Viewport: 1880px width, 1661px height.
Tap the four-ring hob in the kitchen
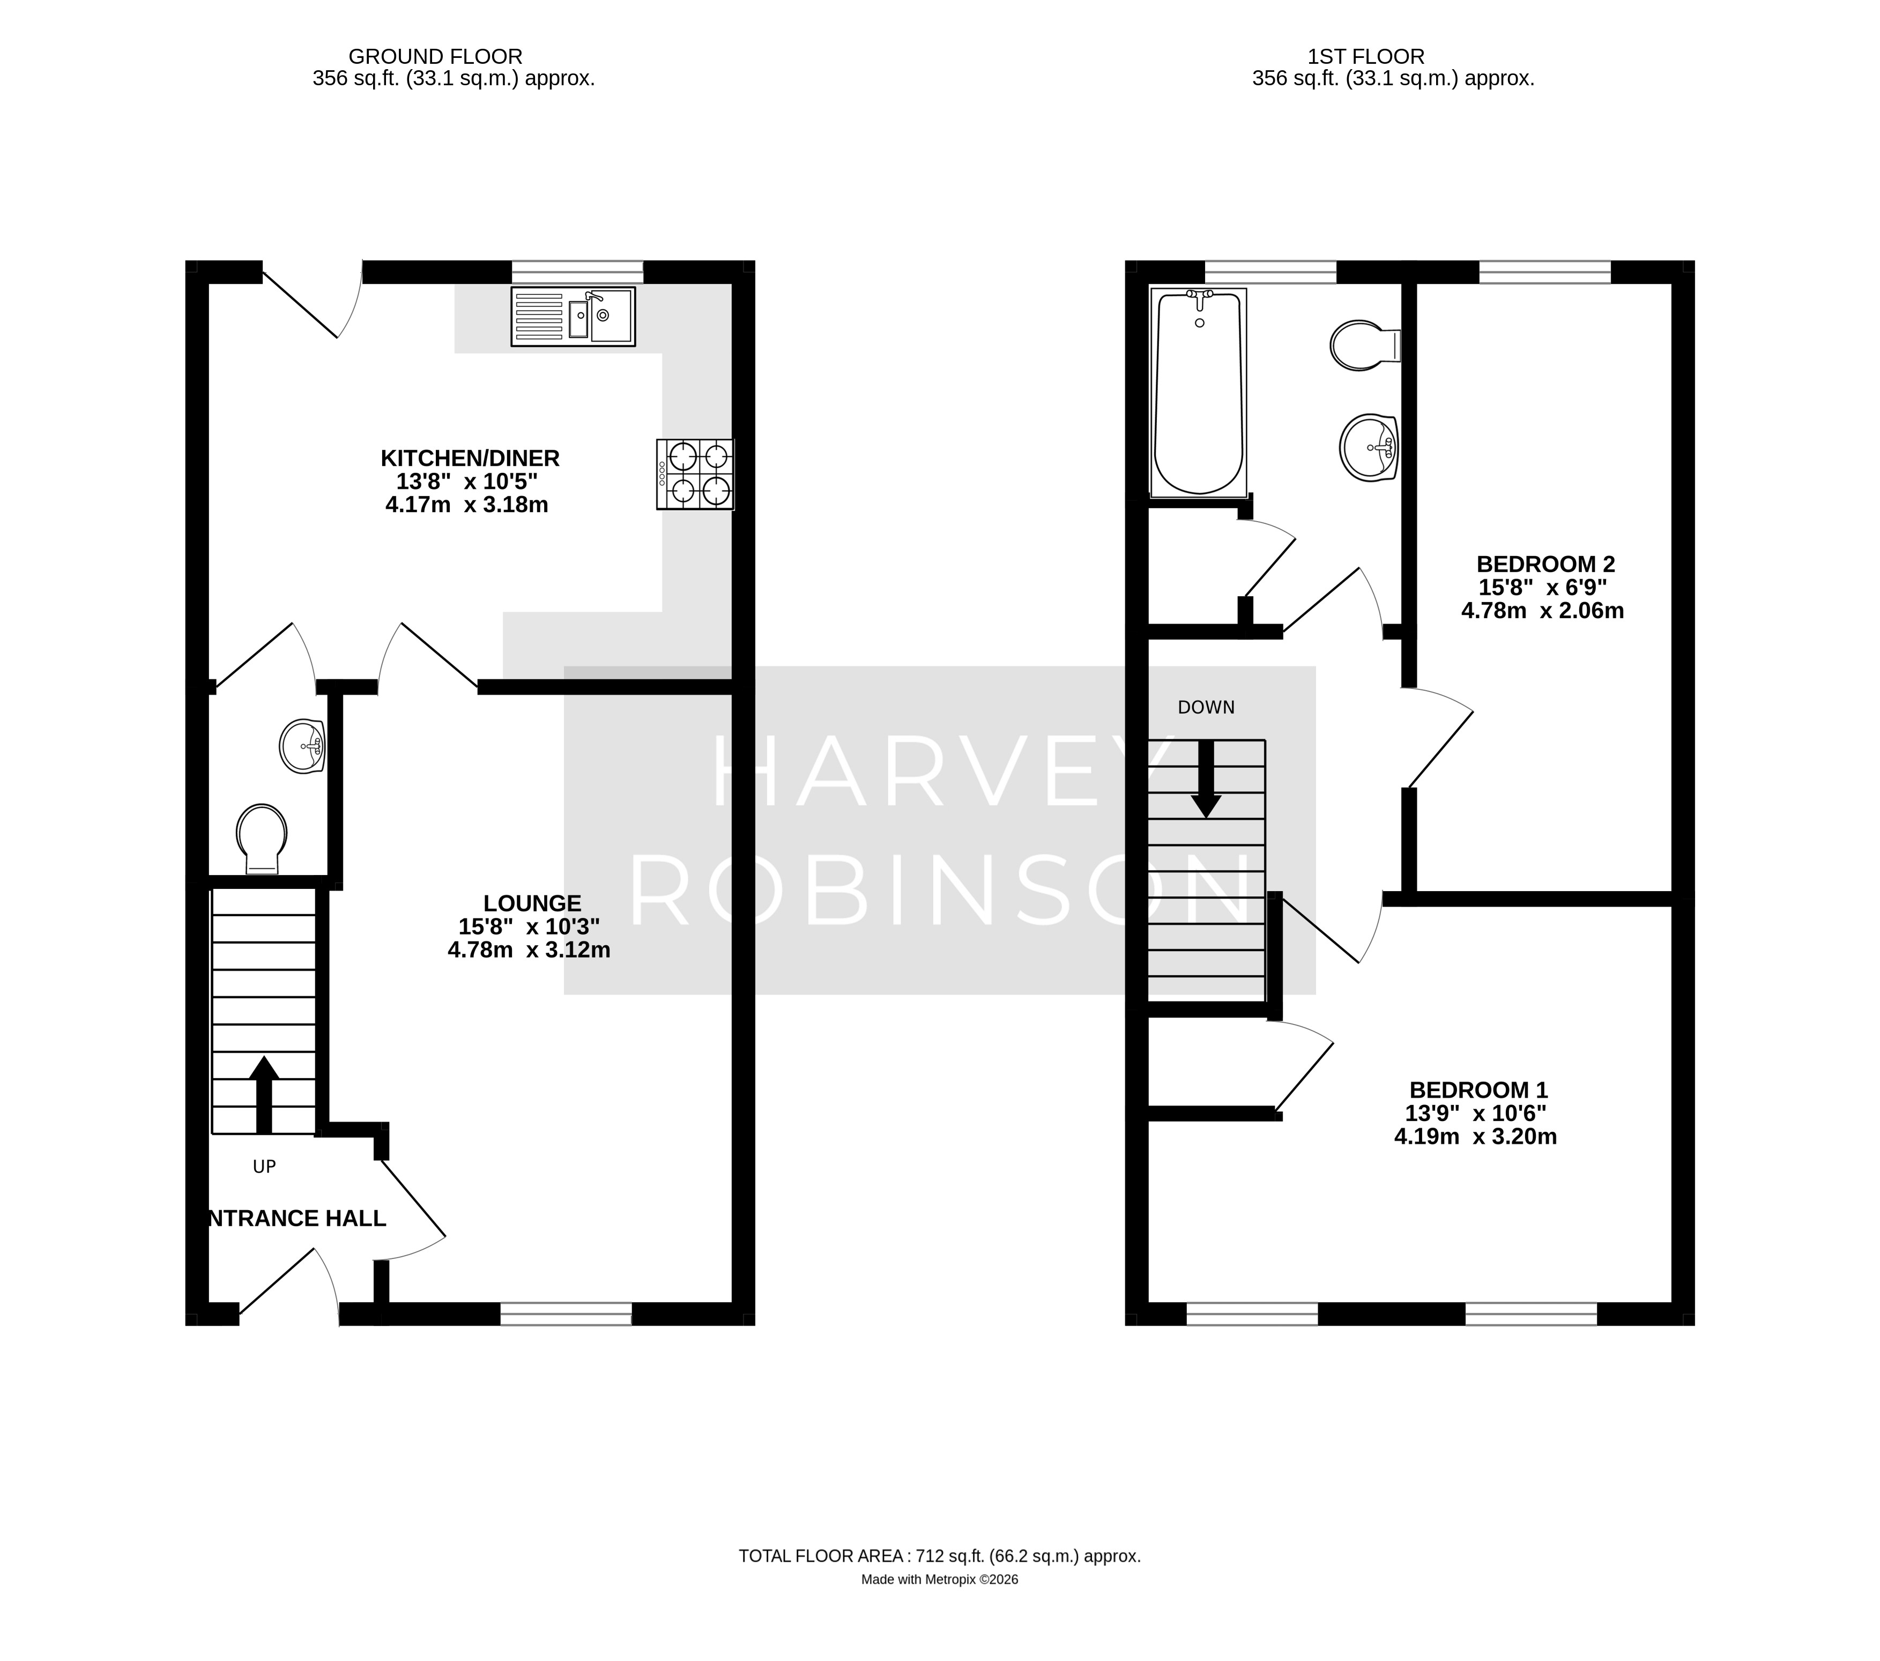[x=695, y=474]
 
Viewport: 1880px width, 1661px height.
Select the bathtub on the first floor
[x=1199, y=392]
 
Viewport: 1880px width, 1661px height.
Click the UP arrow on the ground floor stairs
[x=264, y=1094]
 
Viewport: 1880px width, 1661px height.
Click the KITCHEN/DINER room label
[x=470, y=458]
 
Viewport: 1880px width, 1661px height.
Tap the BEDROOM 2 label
[x=1544, y=564]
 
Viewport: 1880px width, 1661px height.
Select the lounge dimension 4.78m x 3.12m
[x=529, y=950]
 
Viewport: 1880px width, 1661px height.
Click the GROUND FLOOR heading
[x=435, y=57]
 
